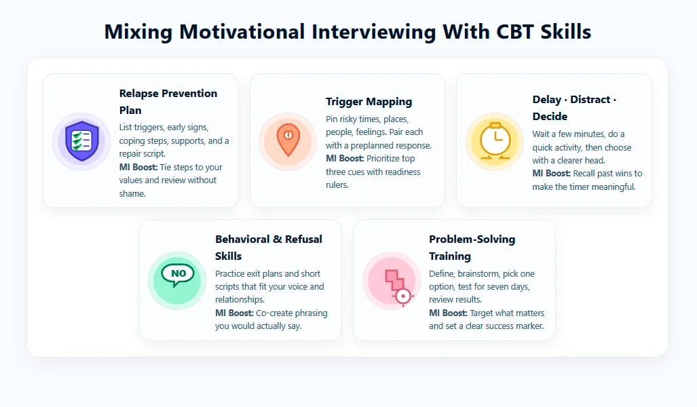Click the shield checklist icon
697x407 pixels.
click(81, 141)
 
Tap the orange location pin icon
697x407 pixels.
click(288, 141)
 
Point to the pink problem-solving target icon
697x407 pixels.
click(392, 281)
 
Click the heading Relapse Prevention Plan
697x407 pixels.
click(168, 102)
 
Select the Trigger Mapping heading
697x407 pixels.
click(369, 102)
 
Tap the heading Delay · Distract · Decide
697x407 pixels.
click(574, 108)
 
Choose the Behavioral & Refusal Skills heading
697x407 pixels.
click(269, 248)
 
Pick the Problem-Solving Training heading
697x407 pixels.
click(472, 248)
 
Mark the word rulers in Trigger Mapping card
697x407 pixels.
click(337, 185)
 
